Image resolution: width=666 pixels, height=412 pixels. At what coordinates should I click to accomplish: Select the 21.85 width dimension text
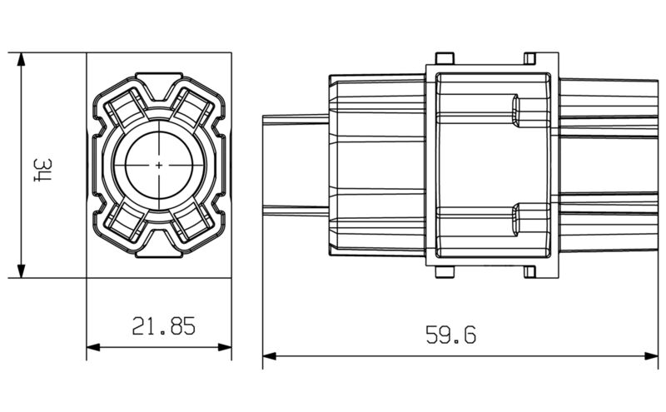163,325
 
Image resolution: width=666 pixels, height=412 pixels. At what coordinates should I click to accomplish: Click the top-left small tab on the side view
445,58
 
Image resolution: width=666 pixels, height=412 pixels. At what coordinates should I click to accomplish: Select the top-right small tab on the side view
530,58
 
